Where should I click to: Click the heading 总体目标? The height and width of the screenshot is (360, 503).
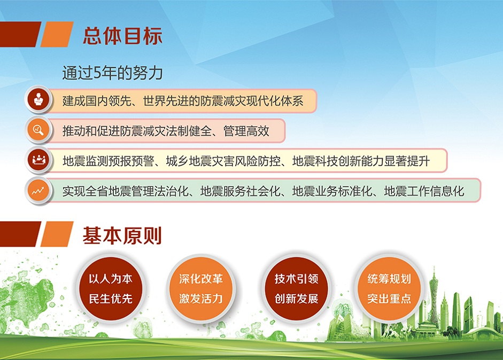tap(122, 36)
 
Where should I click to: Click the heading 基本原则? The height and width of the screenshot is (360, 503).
tap(122, 236)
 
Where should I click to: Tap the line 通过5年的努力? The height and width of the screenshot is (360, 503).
tap(113, 73)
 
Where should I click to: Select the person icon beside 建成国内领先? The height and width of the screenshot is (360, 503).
tap(38, 99)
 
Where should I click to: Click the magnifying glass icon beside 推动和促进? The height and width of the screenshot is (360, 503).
tap(38, 130)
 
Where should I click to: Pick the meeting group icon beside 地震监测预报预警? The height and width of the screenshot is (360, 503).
tap(38, 160)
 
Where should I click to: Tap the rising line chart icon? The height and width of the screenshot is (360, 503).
tap(38, 191)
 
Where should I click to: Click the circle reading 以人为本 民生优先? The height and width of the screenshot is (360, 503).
tap(111, 288)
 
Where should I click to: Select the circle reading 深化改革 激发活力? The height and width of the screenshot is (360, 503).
tap(201, 288)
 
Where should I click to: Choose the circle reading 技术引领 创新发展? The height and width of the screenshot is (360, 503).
tap(296, 288)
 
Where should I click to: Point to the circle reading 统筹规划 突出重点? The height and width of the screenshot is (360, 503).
tap(389, 288)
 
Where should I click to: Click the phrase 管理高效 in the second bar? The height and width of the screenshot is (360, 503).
tap(246, 131)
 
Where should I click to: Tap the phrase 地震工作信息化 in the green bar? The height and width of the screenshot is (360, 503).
tap(424, 191)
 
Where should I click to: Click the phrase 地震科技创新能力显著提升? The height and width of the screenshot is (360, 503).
tap(361, 161)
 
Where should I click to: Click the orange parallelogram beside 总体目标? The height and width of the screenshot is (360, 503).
tap(57, 34)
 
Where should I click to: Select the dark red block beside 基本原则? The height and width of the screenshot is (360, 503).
tap(20, 234)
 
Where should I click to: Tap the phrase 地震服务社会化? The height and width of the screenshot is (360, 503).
tap(240, 191)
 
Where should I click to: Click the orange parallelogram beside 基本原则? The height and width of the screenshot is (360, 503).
tap(57, 234)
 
